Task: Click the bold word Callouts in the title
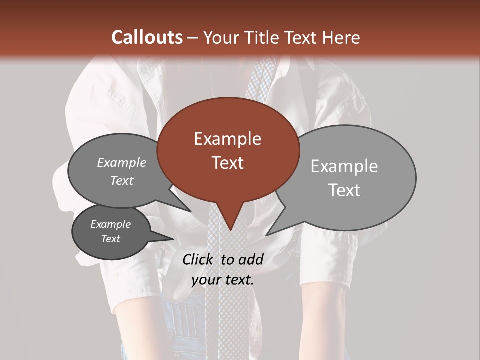pyautogui.click(x=147, y=37)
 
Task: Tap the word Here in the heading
pyautogui.click(x=339, y=37)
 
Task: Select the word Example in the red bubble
pyautogui.click(x=227, y=139)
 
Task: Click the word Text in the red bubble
pyautogui.click(x=227, y=163)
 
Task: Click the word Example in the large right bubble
pyautogui.click(x=344, y=166)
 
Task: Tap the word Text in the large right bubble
pyautogui.click(x=345, y=190)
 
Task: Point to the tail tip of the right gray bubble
pyautogui.click(x=267, y=234)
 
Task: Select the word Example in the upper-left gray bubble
pyautogui.click(x=122, y=162)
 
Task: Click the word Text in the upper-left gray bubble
pyautogui.click(x=122, y=180)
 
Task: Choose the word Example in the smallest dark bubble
pyautogui.click(x=110, y=224)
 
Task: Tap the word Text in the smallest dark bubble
pyautogui.click(x=111, y=239)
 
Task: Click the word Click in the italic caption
pyautogui.click(x=199, y=259)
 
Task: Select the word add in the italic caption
pyautogui.click(x=251, y=259)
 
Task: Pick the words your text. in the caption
pyautogui.click(x=223, y=280)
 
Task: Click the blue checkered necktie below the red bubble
pyautogui.click(x=227, y=310)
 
